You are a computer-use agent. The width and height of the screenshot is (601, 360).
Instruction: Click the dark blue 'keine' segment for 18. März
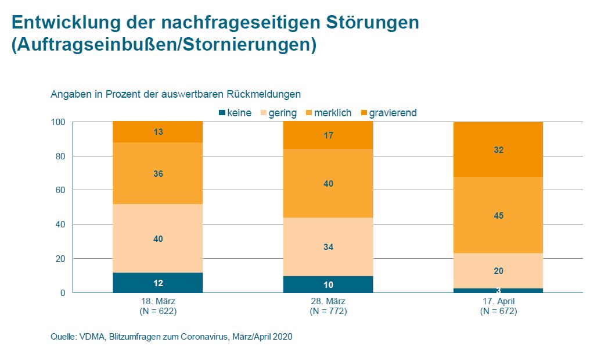click(158, 283)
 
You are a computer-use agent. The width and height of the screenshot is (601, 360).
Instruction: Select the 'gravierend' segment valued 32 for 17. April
click(498, 149)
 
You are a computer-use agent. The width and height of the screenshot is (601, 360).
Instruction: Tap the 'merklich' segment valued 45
click(498, 215)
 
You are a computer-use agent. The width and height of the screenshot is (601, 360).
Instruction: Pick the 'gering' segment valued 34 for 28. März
click(328, 247)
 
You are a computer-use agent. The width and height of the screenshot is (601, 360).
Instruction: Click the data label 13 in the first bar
click(158, 132)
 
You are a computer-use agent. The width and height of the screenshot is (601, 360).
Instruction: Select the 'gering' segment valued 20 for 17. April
click(498, 270)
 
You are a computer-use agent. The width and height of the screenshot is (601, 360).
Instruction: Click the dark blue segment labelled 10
click(328, 284)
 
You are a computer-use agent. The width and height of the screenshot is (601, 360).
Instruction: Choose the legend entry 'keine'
click(235, 113)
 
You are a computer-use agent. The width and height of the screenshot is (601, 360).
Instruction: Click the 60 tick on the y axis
click(59, 190)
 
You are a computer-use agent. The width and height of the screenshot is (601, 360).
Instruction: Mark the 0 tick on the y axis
click(62, 293)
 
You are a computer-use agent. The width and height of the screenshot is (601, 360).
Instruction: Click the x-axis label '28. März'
click(328, 302)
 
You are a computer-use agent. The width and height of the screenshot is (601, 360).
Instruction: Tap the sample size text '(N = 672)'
click(498, 311)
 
